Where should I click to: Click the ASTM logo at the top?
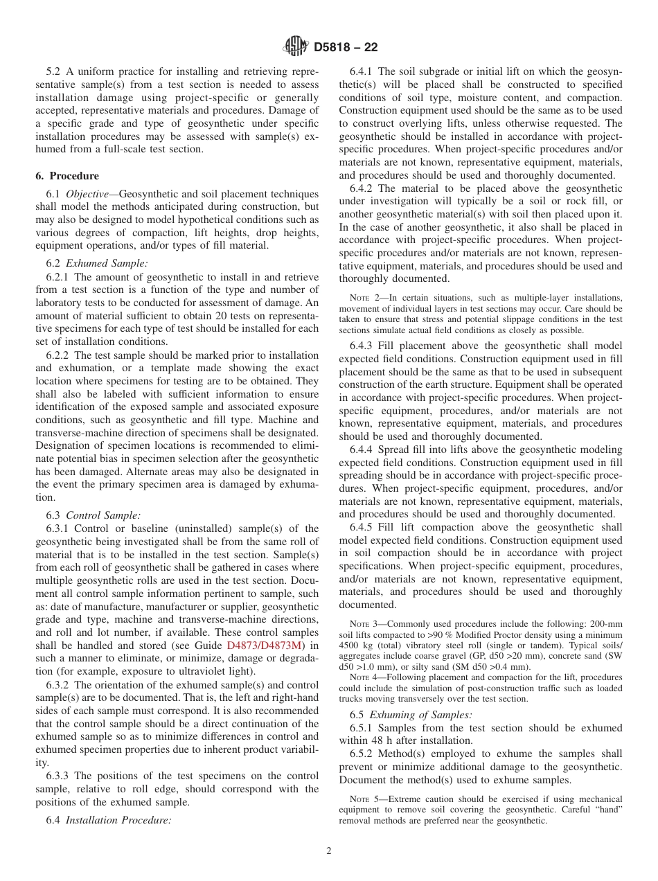coord(296,47)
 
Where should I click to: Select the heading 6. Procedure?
coord(67,176)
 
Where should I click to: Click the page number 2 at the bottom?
coord(329,851)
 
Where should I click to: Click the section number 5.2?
coord(54,71)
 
